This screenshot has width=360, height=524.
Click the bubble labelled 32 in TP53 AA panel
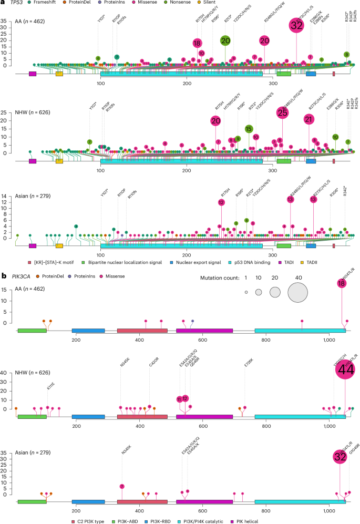(x=296, y=25)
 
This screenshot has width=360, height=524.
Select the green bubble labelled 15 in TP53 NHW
(x=249, y=128)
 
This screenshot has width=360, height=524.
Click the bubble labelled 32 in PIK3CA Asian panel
(x=340, y=456)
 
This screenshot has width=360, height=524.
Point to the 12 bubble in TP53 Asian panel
(x=221, y=202)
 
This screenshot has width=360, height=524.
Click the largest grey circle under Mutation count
(x=298, y=292)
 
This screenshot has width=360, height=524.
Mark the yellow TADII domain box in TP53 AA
(x=59, y=74)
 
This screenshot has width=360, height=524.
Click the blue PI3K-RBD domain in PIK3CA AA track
(x=88, y=331)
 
